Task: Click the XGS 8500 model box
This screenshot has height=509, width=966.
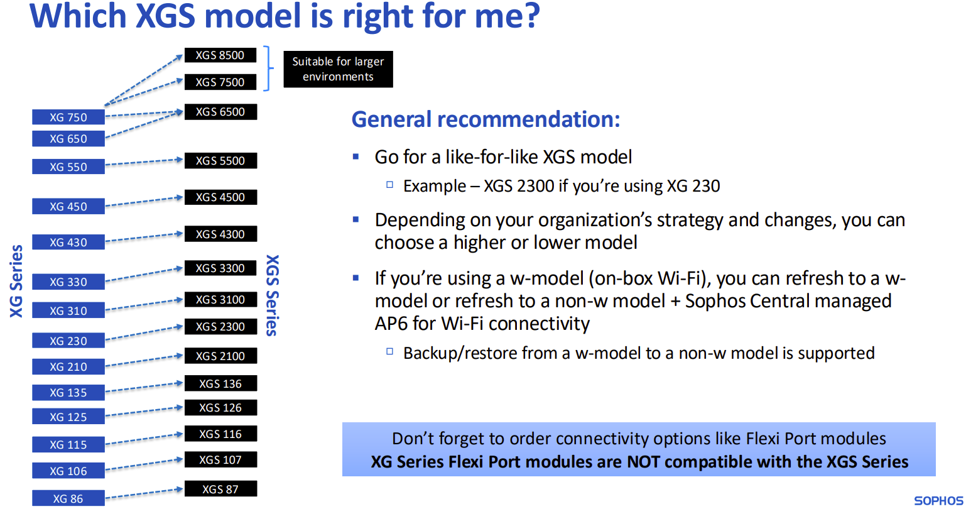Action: (220, 55)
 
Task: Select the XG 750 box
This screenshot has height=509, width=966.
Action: (68, 117)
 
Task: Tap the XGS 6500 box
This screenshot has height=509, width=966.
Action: (220, 112)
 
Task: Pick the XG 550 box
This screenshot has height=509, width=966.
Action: (68, 167)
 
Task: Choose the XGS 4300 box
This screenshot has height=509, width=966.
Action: (220, 234)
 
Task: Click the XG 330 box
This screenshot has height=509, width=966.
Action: (68, 282)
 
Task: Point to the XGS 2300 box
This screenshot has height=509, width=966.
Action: (220, 327)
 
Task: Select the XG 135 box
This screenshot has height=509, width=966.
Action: (68, 393)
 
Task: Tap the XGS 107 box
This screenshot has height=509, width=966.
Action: (220, 460)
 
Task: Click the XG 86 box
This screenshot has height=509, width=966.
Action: (68, 498)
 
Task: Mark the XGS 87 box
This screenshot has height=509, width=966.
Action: (220, 489)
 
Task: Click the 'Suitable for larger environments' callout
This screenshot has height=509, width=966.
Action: (338, 69)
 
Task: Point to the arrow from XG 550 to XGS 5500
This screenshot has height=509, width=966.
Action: (144, 162)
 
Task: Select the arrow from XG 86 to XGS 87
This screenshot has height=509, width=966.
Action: (144, 493)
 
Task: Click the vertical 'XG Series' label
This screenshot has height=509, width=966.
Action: (16, 282)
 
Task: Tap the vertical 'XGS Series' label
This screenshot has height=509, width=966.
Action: (273, 295)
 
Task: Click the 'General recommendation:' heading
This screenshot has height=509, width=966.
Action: (486, 119)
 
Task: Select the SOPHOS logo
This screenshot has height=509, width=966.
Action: (939, 501)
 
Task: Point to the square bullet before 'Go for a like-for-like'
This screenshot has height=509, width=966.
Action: (355, 156)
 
